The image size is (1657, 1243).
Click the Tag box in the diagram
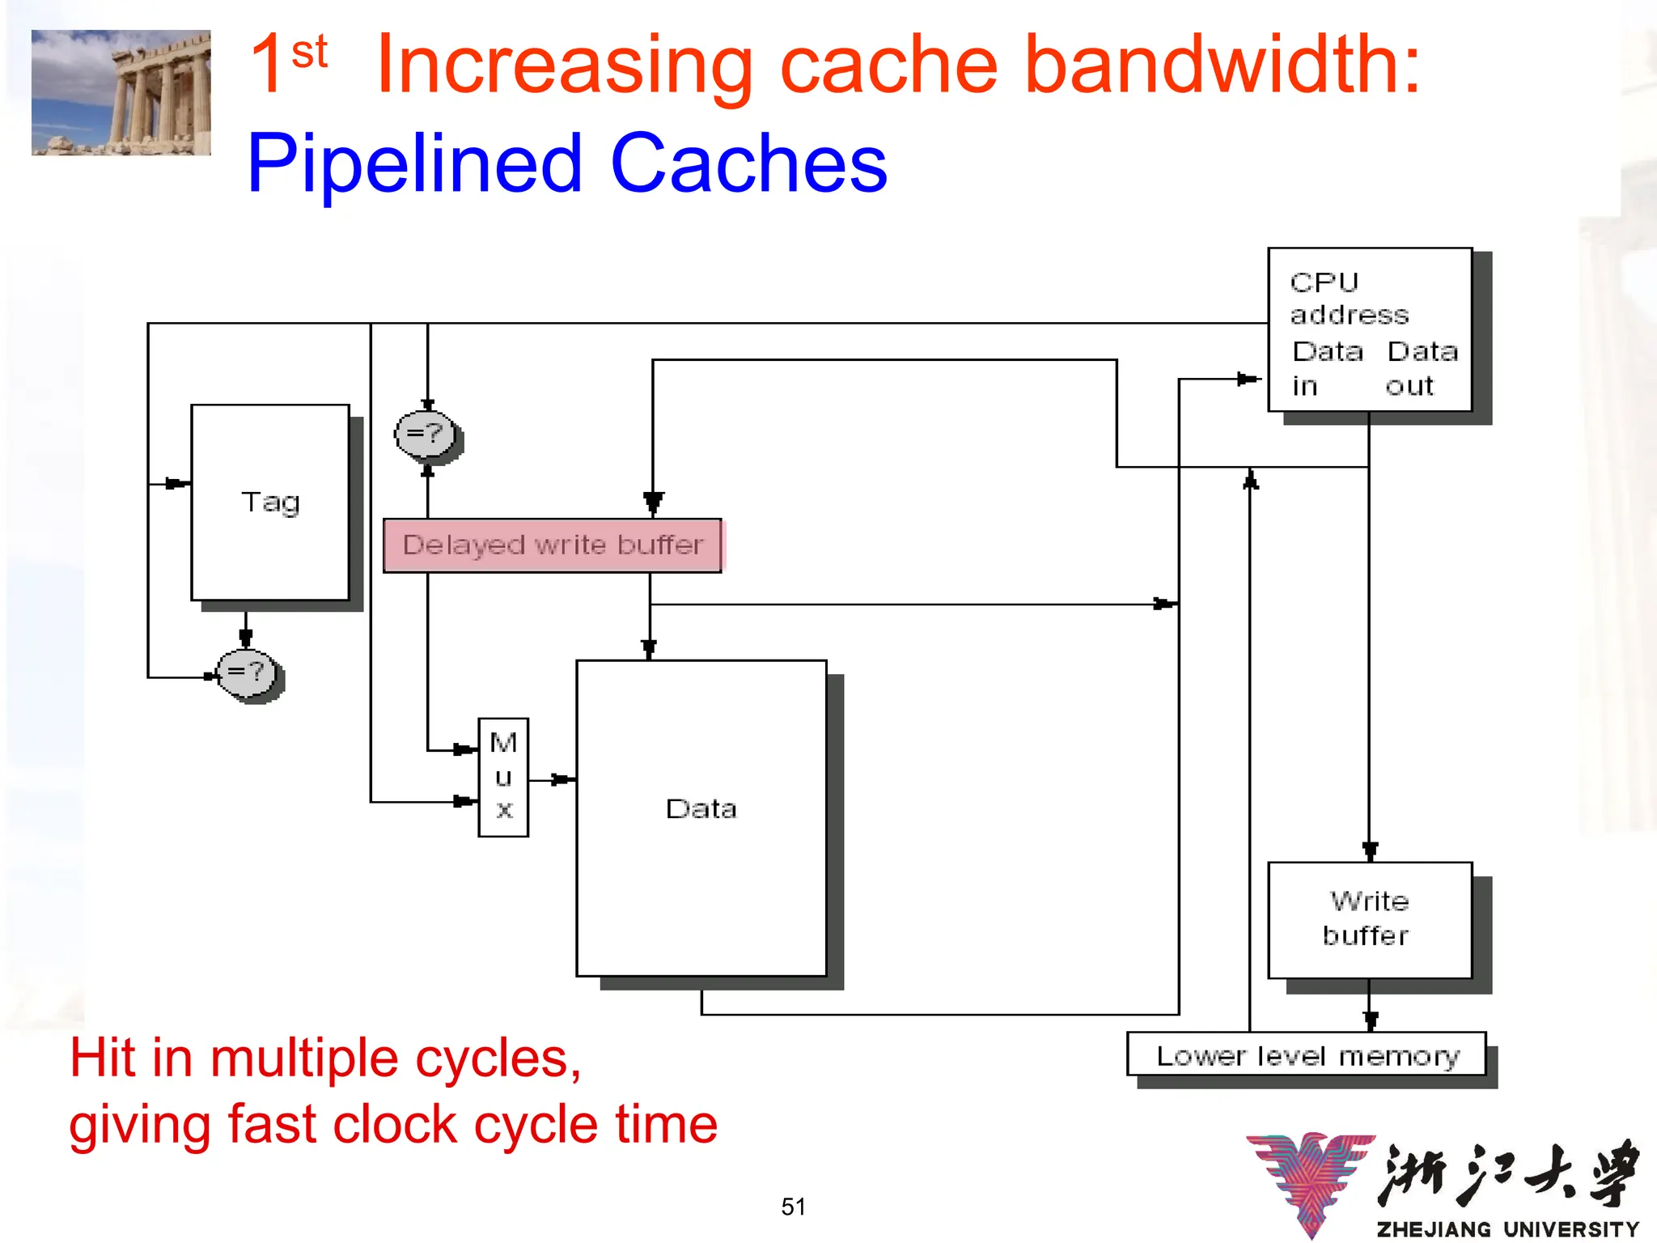pos(269,503)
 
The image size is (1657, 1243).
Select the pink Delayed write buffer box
pos(552,545)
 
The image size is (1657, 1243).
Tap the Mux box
pos(503,777)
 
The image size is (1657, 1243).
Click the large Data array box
pos(701,817)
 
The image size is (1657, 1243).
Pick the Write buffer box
pos(1369,920)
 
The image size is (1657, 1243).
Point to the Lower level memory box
pos(1306,1055)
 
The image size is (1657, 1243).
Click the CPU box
pos(1369,329)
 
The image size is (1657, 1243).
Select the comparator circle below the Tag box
pos(248,673)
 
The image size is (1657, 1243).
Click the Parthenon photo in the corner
pos(121,92)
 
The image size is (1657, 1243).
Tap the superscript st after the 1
pos(309,53)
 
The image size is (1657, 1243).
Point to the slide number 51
pos(793,1207)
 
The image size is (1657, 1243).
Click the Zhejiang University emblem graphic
pos(1311,1181)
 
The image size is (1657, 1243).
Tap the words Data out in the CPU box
pos(1421,368)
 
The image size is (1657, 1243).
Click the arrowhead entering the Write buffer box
pos(1370,851)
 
